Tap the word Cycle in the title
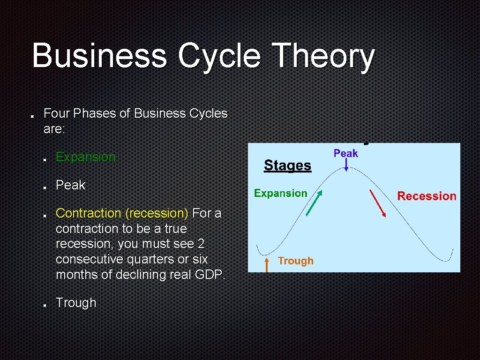point(219,56)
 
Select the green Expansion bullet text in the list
point(85,157)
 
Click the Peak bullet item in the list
point(70,185)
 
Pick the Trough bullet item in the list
point(76,303)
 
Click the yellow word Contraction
point(88,213)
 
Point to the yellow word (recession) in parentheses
point(157,213)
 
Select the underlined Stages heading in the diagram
point(287,165)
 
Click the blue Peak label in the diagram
point(345,153)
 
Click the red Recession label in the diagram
point(427,196)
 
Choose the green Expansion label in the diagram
point(280,193)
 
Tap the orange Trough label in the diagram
point(295,261)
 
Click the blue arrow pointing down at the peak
point(346,164)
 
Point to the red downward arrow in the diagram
point(378,203)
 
